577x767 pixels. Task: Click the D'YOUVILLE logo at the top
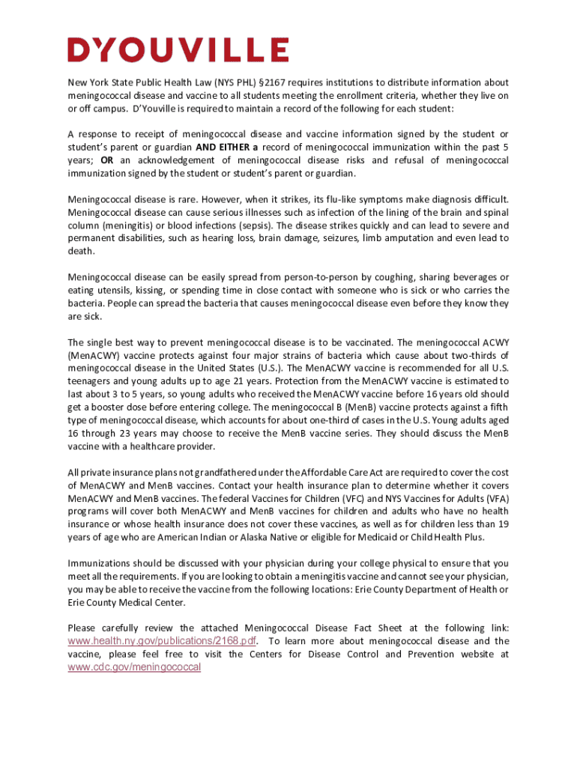click(x=178, y=50)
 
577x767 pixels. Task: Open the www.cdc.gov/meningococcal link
click(x=134, y=667)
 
